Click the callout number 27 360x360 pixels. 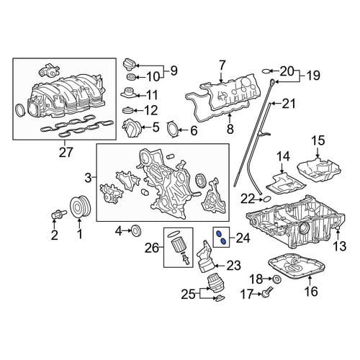coord(66,152)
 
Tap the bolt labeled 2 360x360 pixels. coord(58,214)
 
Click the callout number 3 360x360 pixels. coord(89,178)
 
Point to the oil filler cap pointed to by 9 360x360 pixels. coord(130,65)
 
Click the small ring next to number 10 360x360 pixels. coord(131,77)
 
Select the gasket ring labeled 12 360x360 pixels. coord(129,110)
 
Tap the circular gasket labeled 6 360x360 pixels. coord(173,130)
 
